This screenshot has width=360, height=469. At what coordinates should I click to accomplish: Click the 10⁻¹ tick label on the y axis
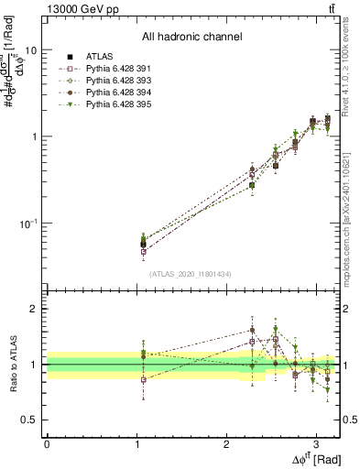pos(27,223)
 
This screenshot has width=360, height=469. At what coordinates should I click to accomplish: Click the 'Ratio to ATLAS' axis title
pos(12,364)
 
